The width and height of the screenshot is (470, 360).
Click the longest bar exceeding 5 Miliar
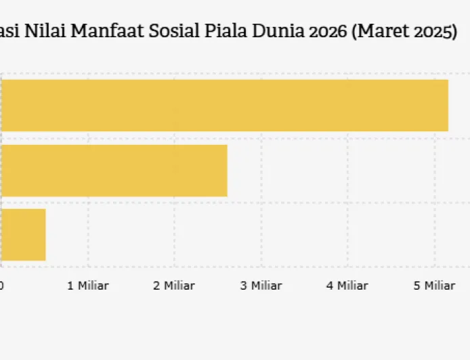[x=223, y=105]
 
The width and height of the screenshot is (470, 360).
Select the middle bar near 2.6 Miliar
[x=114, y=170]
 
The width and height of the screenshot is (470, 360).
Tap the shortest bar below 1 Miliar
[x=23, y=234]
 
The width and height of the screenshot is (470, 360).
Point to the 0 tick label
[x=2, y=286]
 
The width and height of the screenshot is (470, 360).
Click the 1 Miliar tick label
[x=88, y=286]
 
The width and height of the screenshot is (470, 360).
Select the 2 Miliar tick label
[x=174, y=286]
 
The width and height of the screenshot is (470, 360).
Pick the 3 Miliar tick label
[x=261, y=286]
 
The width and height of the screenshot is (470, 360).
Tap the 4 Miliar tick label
[x=347, y=286]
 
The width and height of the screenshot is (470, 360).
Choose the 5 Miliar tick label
[x=434, y=286]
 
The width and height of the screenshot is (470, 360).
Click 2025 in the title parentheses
[x=430, y=32]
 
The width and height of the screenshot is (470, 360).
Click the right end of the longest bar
[x=447, y=105]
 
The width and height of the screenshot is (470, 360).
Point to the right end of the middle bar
[x=226, y=170]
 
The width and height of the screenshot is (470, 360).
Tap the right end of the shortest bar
[x=45, y=234]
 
